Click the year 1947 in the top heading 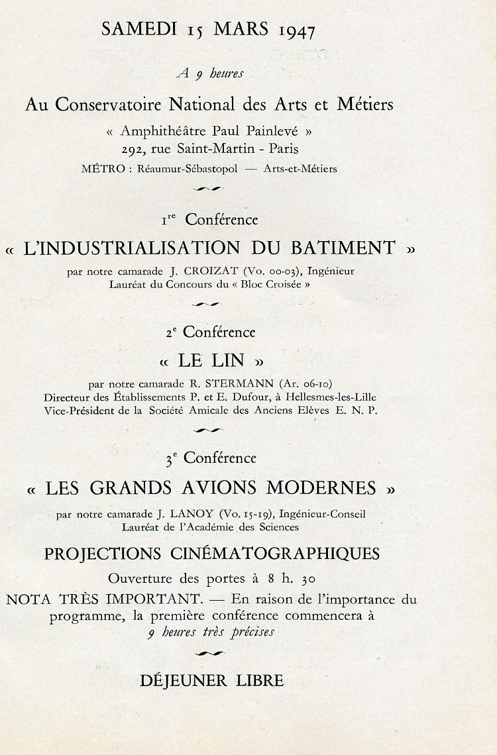297,30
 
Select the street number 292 134,149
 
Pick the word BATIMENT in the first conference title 343,248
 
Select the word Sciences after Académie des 274,527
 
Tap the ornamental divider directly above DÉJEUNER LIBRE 211,654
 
